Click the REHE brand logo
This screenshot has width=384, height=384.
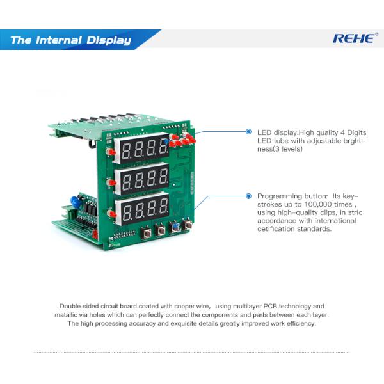coord(353,38)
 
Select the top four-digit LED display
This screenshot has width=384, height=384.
coord(143,148)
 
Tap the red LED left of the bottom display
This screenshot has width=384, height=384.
coord(111,213)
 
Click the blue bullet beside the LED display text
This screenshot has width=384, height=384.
coord(248,132)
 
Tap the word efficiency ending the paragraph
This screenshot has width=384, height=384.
coord(300,324)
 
